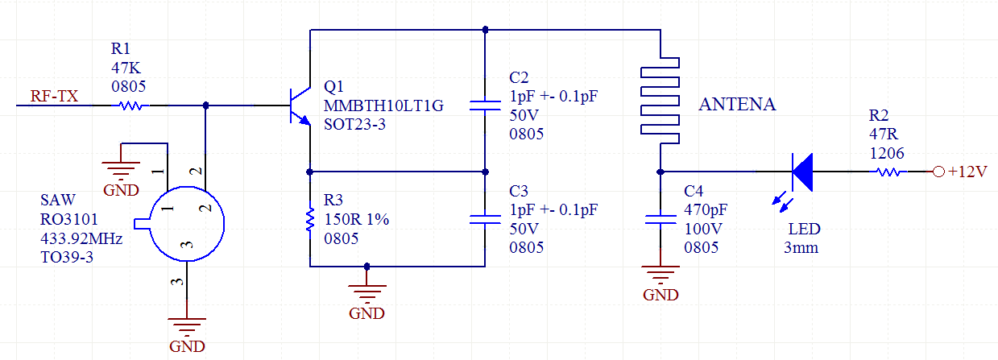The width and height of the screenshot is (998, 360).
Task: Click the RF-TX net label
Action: (x=54, y=96)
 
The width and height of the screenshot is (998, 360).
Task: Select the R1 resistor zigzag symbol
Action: (x=130, y=106)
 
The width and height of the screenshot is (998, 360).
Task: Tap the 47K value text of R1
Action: (x=126, y=68)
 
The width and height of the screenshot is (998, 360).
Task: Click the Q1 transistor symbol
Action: (x=300, y=106)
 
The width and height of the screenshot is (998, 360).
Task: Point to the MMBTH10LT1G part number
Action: (x=383, y=106)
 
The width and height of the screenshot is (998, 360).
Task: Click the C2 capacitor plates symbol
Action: (x=485, y=106)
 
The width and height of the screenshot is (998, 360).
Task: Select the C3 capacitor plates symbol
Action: (x=485, y=219)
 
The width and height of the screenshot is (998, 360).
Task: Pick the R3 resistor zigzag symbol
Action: (x=310, y=219)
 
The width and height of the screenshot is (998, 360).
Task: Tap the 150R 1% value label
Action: (x=356, y=219)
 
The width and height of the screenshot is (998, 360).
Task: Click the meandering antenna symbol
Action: (x=661, y=100)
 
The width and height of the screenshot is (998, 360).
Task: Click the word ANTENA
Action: (x=737, y=104)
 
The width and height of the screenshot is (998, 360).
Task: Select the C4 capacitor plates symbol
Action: (x=661, y=219)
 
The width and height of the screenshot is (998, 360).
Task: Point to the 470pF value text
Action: (x=706, y=209)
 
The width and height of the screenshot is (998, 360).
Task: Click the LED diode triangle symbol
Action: (x=802, y=172)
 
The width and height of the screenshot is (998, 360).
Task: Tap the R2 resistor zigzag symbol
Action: (x=888, y=172)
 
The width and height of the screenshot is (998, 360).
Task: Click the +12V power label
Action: (x=967, y=172)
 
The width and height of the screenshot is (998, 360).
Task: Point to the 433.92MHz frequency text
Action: (x=81, y=239)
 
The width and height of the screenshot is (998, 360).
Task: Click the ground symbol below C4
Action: (x=661, y=275)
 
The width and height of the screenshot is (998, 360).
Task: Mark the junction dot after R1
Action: (x=206, y=106)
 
